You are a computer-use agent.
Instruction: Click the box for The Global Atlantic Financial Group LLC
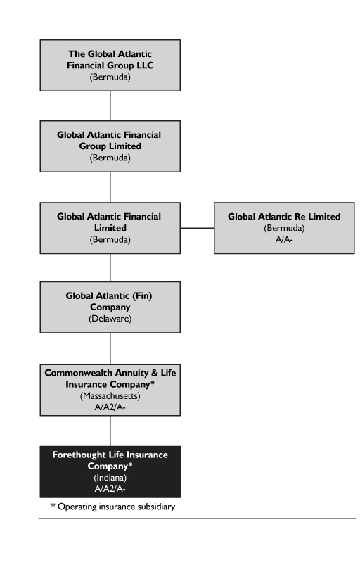(x=110, y=65)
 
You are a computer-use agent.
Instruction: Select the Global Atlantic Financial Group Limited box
(x=110, y=146)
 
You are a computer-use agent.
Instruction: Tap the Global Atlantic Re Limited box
(x=284, y=228)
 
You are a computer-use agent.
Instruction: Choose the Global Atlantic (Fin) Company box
(x=110, y=307)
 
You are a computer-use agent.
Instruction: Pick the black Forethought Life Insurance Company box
(x=110, y=471)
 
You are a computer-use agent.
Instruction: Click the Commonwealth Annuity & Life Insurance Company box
(x=110, y=390)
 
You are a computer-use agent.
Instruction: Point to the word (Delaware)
(x=110, y=319)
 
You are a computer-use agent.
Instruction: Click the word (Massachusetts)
(x=110, y=396)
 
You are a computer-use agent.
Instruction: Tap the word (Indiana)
(x=110, y=478)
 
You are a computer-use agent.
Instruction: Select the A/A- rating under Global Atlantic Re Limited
(x=284, y=239)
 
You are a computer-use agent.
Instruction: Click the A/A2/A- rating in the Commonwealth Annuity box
(x=110, y=407)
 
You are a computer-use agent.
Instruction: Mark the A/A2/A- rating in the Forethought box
(x=110, y=489)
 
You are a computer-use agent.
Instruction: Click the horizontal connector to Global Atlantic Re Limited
(x=197, y=228)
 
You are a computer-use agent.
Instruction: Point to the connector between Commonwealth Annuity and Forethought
(x=110, y=431)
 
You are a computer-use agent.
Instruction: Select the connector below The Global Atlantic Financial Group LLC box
(x=110, y=106)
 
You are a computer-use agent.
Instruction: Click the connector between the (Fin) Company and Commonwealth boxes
(x=110, y=348)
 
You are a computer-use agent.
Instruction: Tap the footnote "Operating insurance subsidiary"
(x=116, y=507)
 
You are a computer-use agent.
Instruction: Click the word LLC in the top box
(x=144, y=65)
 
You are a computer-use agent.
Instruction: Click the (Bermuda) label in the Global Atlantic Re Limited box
(x=284, y=228)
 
